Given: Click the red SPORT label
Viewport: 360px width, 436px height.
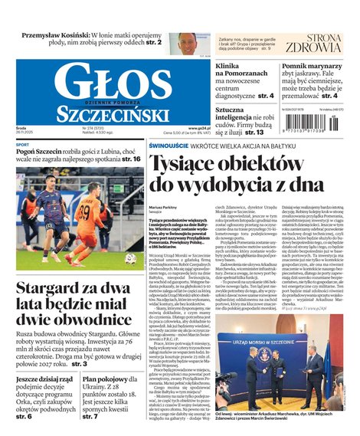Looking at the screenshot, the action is (23, 145).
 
